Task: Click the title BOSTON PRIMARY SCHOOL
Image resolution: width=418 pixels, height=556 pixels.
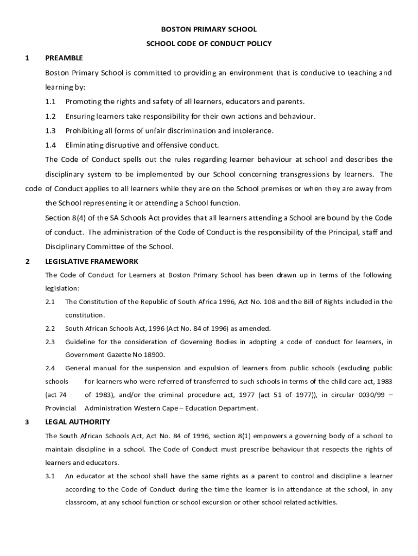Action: pos(208,29)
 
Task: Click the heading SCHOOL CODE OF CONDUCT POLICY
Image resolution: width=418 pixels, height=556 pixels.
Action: pos(208,43)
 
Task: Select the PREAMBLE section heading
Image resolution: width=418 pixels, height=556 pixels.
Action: pos(64,58)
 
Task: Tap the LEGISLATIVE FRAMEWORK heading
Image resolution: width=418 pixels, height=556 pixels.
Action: pos(92,261)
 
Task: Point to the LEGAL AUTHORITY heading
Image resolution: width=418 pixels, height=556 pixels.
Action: pos(78,421)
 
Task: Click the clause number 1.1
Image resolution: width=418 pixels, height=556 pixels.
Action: pos(50,102)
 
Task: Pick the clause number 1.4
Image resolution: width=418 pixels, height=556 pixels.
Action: pos(50,145)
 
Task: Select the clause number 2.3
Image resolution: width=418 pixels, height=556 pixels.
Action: pos(50,342)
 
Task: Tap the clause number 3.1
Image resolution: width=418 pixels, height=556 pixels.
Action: pos(50,476)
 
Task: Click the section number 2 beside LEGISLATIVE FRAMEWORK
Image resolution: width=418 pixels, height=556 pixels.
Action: pos(27,261)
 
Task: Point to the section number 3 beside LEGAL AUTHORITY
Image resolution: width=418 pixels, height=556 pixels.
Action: pos(27,421)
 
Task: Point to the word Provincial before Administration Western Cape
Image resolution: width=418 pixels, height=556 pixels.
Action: pos(60,408)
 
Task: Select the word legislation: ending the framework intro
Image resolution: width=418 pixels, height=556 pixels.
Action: pos(62,288)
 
